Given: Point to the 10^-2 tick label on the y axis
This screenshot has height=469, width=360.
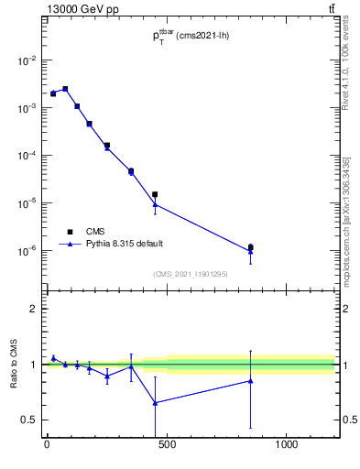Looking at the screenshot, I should coord(29,60).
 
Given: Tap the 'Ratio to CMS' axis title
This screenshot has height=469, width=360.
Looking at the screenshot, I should coord(14,364).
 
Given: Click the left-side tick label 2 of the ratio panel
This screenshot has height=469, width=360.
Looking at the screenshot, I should coord(34,309).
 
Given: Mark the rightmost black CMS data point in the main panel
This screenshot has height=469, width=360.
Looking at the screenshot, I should coord(250,247).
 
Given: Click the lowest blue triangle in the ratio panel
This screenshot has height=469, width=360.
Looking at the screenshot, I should coord(155,402).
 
